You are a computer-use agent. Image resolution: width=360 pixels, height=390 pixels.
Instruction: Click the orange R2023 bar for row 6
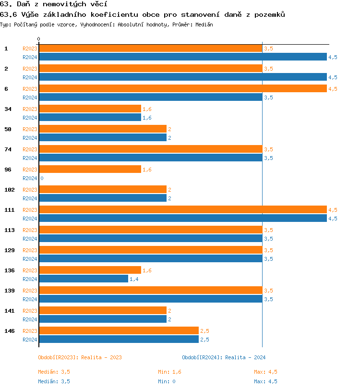[x=182, y=89]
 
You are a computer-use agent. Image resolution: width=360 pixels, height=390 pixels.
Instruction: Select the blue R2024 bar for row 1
[x=182, y=57]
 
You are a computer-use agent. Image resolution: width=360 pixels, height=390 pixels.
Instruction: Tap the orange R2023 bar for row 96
[x=90, y=170]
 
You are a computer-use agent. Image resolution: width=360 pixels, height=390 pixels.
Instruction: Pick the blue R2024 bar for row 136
[x=84, y=279]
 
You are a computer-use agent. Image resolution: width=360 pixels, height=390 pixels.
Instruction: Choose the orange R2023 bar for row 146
[x=119, y=331]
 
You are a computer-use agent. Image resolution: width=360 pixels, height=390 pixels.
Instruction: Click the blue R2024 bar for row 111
[x=182, y=219]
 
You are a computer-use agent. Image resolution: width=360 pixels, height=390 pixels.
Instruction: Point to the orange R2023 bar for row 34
[x=90, y=109]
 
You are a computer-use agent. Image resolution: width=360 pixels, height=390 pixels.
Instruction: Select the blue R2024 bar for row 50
[x=103, y=138]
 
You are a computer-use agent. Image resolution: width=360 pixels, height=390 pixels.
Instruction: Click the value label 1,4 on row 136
[x=134, y=279]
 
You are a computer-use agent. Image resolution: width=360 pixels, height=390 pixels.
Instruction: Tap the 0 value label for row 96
[x=42, y=178]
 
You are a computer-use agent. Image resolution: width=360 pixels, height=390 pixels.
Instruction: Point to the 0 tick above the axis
[x=39, y=39]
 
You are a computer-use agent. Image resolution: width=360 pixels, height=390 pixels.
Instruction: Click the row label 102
[x=10, y=190]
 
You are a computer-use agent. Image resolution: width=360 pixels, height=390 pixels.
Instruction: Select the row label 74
[x=8, y=149]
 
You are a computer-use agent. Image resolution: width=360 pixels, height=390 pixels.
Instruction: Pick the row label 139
[x=10, y=291]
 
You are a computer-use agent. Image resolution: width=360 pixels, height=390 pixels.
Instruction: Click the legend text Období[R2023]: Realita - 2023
[x=80, y=357]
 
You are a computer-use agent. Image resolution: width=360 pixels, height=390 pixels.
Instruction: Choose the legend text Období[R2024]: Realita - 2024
[x=224, y=357]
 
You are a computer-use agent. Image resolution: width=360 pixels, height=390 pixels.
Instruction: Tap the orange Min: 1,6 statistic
[x=169, y=372]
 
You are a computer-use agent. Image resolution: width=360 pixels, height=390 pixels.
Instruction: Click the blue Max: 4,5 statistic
[x=265, y=381]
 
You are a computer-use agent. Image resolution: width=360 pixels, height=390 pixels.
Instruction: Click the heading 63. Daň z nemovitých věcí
[x=50, y=4]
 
